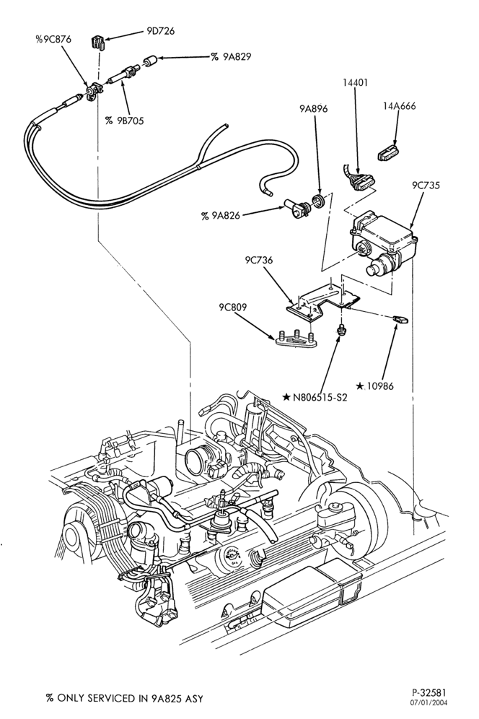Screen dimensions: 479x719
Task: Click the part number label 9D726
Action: (x=160, y=32)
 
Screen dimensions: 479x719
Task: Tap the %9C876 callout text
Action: (x=53, y=40)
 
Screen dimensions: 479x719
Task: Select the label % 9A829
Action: (x=231, y=57)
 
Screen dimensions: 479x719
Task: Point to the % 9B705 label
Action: (x=124, y=121)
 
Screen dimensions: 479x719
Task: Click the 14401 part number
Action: (x=355, y=83)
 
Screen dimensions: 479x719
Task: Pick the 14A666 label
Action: (x=399, y=106)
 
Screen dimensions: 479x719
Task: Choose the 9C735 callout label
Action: (x=426, y=186)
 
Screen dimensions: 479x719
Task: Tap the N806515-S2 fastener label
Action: (x=315, y=397)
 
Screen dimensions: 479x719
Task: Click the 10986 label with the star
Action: (x=374, y=386)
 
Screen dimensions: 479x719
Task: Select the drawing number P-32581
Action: (x=429, y=692)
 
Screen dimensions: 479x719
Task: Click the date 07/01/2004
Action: (x=429, y=702)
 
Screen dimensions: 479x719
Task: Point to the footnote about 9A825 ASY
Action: (x=124, y=698)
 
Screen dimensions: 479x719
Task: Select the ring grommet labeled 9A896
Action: (x=317, y=201)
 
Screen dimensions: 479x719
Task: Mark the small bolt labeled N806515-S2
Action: (x=340, y=329)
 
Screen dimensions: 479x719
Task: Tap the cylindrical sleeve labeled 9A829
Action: (x=151, y=61)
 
